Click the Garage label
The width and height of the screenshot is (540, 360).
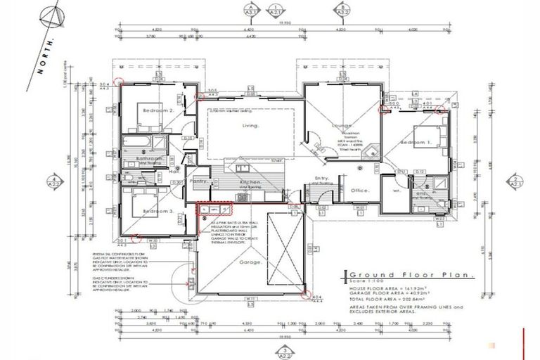[252, 262]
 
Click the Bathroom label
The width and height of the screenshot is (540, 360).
[149, 159]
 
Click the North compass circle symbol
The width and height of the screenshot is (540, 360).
[50, 13]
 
